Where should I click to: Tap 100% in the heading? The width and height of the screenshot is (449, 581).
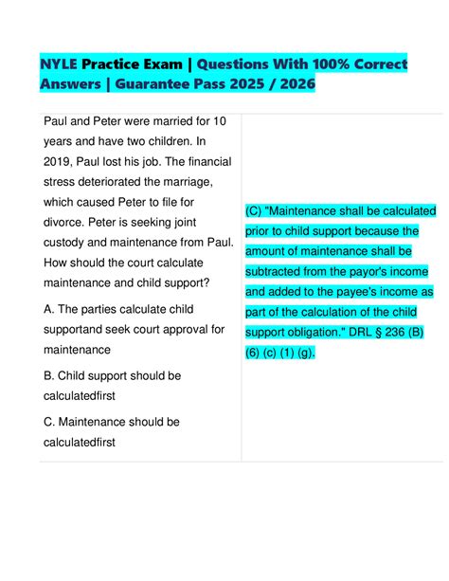(308, 65)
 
